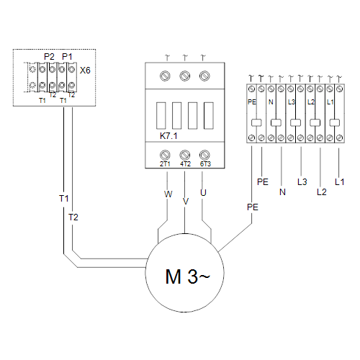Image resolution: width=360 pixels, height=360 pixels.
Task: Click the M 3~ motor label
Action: pyautogui.click(x=187, y=276)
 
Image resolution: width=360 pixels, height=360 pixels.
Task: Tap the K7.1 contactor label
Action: pyautogui.click(x=168, y=136)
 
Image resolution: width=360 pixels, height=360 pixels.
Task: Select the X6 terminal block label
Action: pyautogui.click(x=85, y=71)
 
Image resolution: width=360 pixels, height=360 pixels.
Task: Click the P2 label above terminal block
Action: pyautogui.click(x=49, y=57)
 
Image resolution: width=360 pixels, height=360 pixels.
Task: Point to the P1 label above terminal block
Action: pyautogui.click(x=67, y=57)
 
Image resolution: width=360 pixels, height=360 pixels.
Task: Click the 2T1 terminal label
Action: pyautogui.click(x=165, y=164)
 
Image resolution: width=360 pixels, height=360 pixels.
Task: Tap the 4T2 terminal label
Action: pyautogui.click(x=185, y=164)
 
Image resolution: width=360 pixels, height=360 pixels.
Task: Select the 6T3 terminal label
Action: pyautogui.click(x=205, y=164)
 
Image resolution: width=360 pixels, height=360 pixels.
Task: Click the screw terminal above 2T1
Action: pyautogui.click(x=165, y=155)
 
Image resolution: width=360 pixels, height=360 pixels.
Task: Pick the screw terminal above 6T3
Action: pyautogui.click(x=204, y=155)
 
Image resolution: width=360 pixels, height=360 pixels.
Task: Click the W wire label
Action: pyautogui.click(x=168, y=194)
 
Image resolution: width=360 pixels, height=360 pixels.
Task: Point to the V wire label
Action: pyautogui.click(x=186, y=202)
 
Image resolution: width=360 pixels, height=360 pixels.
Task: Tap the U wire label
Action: pyautogui.click(x=203, y=193)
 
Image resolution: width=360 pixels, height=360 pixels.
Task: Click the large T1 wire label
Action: pyautogui.click(x=64, y=199)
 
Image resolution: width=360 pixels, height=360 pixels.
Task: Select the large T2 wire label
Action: pyautogui.click(x=73, y=217)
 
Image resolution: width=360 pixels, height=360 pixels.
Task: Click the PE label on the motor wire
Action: pyautogui.click(x=253, y=207)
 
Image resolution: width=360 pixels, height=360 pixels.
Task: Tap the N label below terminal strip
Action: pyautogui.click(x=282, y=192)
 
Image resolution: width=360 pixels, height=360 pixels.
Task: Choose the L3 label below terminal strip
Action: pyautogui.click(x=302, y=182)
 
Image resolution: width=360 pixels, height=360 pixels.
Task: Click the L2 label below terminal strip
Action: pyautogui.click(x=322, y=192)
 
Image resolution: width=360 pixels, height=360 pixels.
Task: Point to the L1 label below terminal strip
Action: pyautogui.click(x=339, y=182)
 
